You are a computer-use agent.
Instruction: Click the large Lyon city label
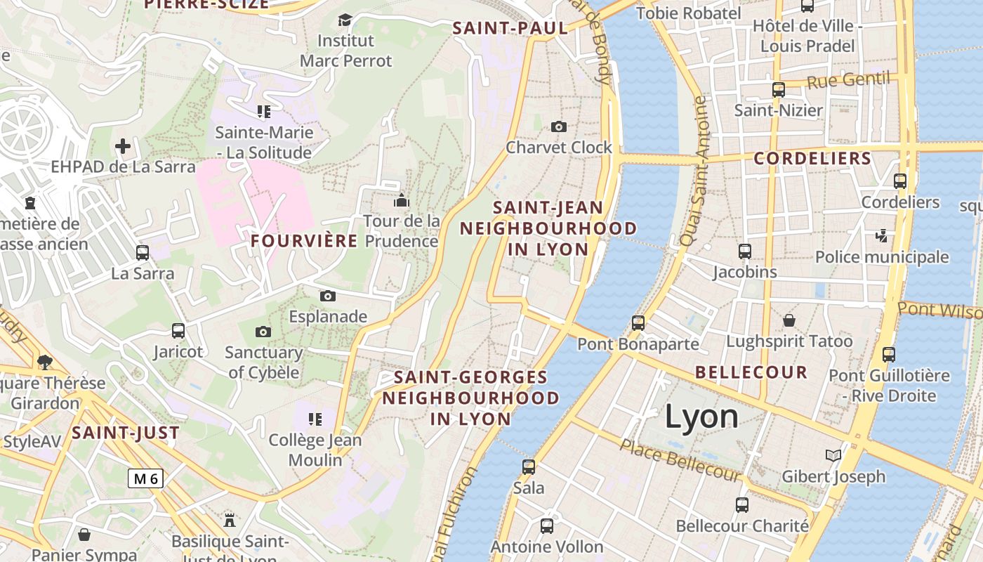[x=701, y=417]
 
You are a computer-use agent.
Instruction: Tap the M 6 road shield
[x=146, y=478]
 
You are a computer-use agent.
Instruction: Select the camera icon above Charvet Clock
[x=559, y=126]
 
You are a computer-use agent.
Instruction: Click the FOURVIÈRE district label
[x=304, y=241]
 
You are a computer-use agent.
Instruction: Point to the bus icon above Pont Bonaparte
[x=638, y=323]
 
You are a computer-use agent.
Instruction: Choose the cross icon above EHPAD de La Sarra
[x=123, y=146]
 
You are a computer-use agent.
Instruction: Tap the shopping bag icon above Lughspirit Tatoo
[x=789, y=320]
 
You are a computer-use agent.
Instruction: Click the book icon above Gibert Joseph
[x=833, y=456]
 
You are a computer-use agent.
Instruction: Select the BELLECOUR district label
[x=751, y=372]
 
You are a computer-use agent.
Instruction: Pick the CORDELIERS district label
[x=812, y=159]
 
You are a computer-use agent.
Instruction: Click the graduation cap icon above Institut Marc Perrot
[x=345, y=20]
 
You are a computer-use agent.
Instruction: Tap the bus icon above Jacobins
[x=745, y=251]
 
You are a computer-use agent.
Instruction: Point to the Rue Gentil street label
[x=848, y=80]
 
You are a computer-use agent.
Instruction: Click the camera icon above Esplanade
[x=328, y=296]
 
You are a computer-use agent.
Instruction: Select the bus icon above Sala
[x=529, y=466]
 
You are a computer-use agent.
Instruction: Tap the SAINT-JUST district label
[x=126, y=433]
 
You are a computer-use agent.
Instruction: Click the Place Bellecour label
[x=680, y=460]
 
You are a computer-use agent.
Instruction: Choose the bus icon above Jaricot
[x=178, y=330]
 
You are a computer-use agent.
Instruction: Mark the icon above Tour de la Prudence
[x=402, y=200]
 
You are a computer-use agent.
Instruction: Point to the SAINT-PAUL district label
[x=510, y=28]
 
